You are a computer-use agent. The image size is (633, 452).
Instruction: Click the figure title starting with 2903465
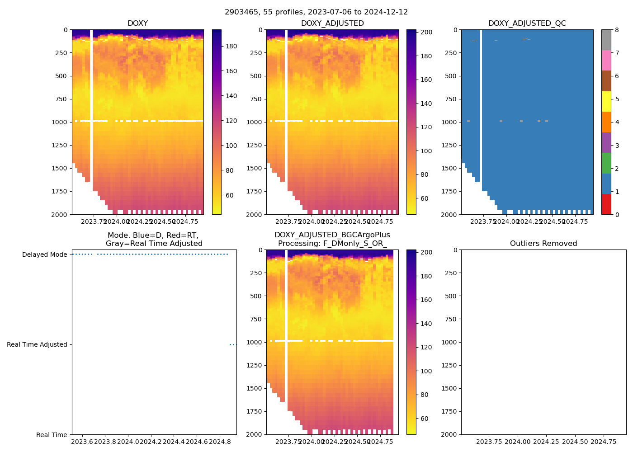coord(316,12)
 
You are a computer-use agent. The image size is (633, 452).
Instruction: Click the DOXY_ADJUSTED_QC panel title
coord(527,24)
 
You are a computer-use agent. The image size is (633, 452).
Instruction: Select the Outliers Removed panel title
coord(543,244)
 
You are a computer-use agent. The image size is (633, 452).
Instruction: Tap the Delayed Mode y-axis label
coord(44,254)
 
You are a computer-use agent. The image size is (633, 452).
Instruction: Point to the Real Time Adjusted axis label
coord(37,344)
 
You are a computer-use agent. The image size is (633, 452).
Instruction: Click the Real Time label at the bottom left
coord(52,435)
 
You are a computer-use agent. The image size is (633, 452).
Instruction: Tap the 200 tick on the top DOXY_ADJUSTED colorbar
coord(427,33)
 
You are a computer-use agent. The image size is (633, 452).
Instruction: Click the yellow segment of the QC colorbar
coord(606,101)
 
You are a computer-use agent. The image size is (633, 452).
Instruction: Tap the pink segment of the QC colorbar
coord(606,60)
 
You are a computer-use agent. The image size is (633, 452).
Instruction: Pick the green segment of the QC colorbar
coord(606,163)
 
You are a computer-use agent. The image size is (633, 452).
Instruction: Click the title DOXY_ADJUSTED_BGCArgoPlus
coord(332,235)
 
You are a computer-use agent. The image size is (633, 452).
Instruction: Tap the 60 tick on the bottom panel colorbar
coord(424,419)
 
